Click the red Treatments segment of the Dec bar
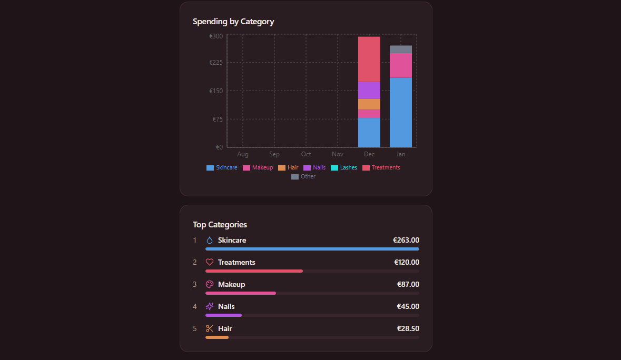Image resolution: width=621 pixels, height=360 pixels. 369,59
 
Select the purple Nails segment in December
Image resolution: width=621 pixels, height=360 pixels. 369,90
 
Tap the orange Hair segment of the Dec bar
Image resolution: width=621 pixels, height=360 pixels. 369,104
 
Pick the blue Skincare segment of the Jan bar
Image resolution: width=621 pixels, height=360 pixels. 400,112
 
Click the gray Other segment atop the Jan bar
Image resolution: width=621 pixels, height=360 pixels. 400,49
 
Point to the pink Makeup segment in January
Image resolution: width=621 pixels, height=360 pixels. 400,65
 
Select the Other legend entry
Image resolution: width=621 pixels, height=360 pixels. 303,177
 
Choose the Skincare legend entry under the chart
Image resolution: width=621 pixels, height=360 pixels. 222,168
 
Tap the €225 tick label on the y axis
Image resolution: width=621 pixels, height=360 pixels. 216,63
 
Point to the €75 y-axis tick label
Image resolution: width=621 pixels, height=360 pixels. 218,119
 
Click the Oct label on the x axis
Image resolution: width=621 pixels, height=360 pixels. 306,154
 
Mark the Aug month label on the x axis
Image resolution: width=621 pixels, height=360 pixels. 243,154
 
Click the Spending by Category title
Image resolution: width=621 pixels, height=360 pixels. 233,22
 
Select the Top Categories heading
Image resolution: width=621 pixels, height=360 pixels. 220,225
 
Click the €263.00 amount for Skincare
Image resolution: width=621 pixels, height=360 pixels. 406,241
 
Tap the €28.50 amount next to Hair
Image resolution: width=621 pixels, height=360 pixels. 408,329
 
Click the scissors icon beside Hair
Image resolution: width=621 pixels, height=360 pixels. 210,329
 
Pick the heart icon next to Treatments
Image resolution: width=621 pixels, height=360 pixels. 210,263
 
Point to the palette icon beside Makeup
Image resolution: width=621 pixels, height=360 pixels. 210,285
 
